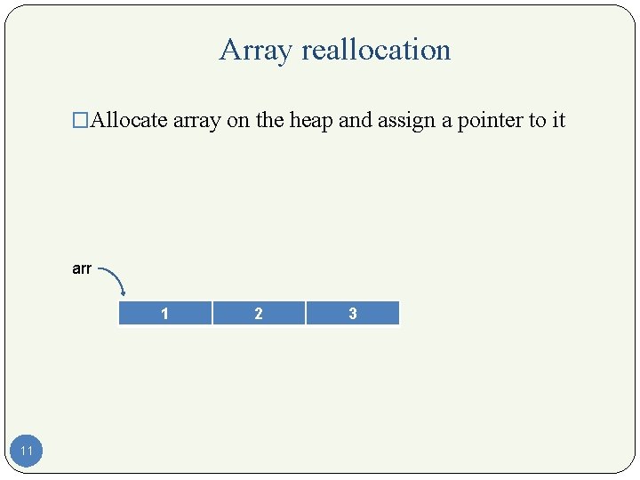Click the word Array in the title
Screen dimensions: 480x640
tap(256, 51)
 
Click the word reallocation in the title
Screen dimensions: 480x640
tap(376, 51)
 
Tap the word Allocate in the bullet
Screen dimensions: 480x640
tap(130, 120)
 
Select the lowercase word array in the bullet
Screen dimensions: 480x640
tap(197, 121)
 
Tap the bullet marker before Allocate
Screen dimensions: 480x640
tap(82, 121)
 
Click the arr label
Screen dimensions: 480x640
tap(82, 268)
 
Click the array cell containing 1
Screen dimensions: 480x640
tap(164, 314)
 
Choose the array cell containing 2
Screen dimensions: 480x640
tap(259, 314)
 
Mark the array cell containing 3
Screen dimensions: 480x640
tap(353, 314)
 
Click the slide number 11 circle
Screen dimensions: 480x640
tap(27, 451)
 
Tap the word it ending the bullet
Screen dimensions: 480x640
tap(558, 120)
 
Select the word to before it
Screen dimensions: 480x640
tap(537, 120)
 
